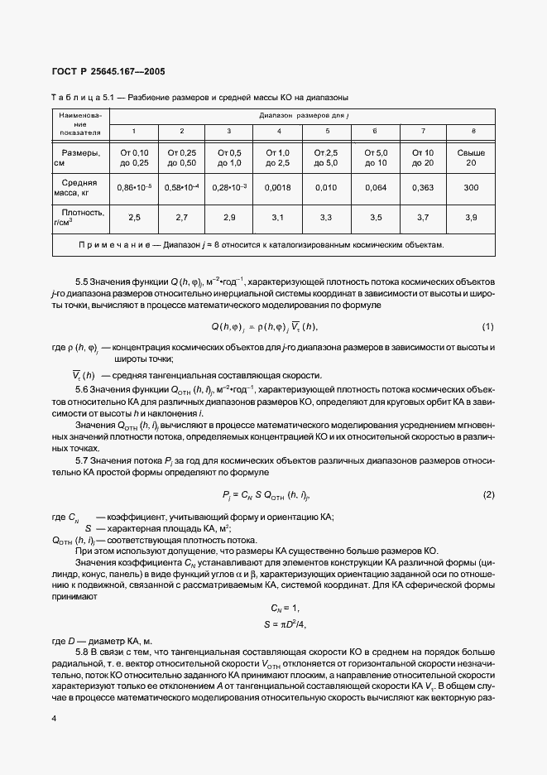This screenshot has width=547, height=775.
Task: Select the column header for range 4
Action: pos(279,132)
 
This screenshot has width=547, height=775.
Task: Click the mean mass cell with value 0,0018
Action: pos(279,188)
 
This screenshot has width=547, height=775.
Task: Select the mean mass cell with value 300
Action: pos(472,188)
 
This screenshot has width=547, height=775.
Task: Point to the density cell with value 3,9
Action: pos(472,217)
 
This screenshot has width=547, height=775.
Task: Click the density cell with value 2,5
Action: pos(134,217)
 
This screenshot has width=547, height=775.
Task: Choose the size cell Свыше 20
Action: pos(472,158)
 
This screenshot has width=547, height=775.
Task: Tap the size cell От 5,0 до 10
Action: pos(376,158)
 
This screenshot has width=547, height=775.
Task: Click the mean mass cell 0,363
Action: pos(423,188)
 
